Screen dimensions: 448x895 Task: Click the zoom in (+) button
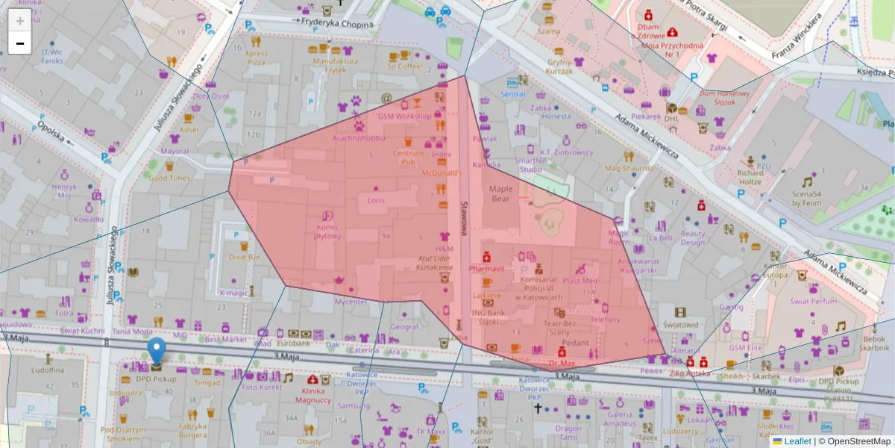(x=20, y=21)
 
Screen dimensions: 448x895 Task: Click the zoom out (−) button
(x=20, y=43)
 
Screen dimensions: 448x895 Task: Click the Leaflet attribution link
(x=797, y=441)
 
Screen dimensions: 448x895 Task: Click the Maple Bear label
(x=500, y=194)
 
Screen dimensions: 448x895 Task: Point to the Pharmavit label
(x=486, y=267)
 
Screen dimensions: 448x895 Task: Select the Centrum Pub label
(x=408, y=157)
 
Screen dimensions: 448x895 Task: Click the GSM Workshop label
(x=404, y=116)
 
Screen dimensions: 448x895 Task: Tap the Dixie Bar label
(x=244, y=257)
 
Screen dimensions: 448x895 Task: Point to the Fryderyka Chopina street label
(x=337, y=22)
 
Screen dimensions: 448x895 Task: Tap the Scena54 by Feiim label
(x=806, y=197)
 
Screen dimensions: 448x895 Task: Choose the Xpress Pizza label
(x=256, y=57)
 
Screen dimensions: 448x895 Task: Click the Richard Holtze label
(x=750, y=177)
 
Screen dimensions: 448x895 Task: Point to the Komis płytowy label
(x=327, y=231)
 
